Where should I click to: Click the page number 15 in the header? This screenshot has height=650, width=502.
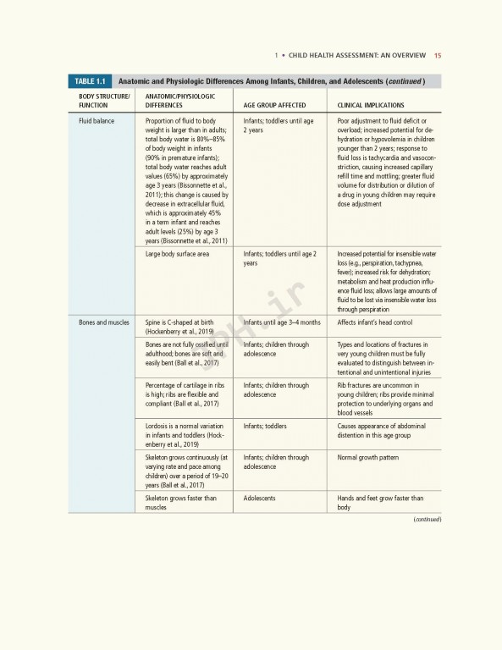[437, 57]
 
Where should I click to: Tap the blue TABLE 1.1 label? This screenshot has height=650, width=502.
[89, 81]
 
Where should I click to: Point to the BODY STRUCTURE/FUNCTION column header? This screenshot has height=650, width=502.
[105, 102]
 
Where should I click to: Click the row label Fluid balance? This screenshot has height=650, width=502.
[97, 122]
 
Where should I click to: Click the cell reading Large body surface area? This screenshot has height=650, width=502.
[178, 254]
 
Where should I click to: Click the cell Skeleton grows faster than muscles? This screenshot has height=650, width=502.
[180, 503]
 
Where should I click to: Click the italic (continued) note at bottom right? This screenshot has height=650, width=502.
[428, 519]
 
